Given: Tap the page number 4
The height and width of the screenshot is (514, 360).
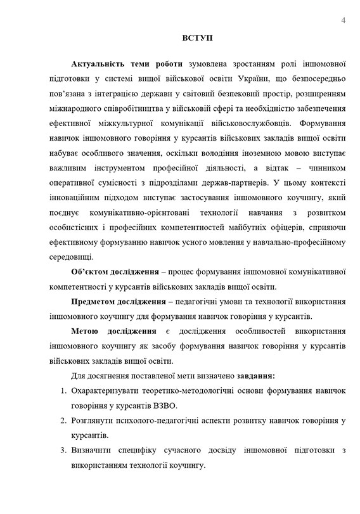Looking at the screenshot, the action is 342,20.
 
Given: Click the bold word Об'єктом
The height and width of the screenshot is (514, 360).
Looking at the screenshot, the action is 93,273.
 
